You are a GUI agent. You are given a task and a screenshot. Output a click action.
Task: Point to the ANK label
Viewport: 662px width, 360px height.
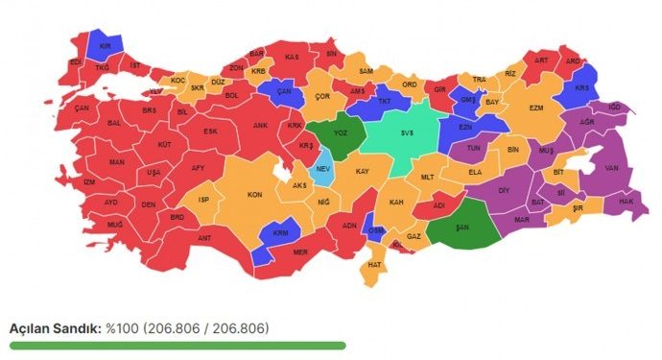point(260,126)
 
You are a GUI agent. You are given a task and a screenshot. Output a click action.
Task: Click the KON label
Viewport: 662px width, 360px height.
point(255,195)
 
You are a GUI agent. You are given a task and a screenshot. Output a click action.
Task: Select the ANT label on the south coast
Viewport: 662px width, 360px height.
point(204,238)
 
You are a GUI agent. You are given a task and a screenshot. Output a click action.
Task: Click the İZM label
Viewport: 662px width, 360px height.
point(89,182)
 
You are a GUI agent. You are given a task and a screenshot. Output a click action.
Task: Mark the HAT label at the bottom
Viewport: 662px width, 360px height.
point(375,264)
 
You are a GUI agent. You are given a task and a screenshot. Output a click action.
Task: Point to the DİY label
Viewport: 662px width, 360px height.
point(503,190)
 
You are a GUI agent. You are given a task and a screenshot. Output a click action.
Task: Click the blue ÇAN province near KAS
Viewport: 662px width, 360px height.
point(283,91)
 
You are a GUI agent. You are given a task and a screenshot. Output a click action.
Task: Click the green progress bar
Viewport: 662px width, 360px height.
point(177,346)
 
